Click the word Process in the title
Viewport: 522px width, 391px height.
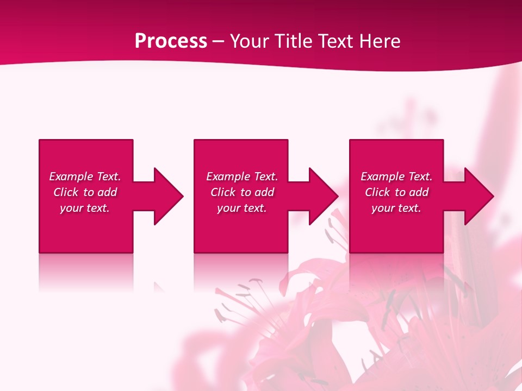point(171,41)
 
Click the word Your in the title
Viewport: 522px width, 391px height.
point(251,41)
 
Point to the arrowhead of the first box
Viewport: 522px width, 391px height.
point(169,196)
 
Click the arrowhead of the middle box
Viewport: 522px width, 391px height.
point(324,196)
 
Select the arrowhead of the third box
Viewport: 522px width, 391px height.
point(479,196)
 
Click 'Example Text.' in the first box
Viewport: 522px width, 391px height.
point(85,176)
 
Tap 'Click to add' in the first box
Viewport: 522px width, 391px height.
point(85,192)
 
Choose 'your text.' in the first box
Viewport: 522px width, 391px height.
point(85,208)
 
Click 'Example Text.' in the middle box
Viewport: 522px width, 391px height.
point(242,176)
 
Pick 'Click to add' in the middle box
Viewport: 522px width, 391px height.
point(242,192)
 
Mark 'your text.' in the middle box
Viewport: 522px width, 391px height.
point(241,208)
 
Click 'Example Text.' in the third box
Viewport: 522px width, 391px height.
point(396,176)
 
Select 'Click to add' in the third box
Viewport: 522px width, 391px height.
point(396,192)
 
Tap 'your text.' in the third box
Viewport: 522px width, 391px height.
point(396,208)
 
